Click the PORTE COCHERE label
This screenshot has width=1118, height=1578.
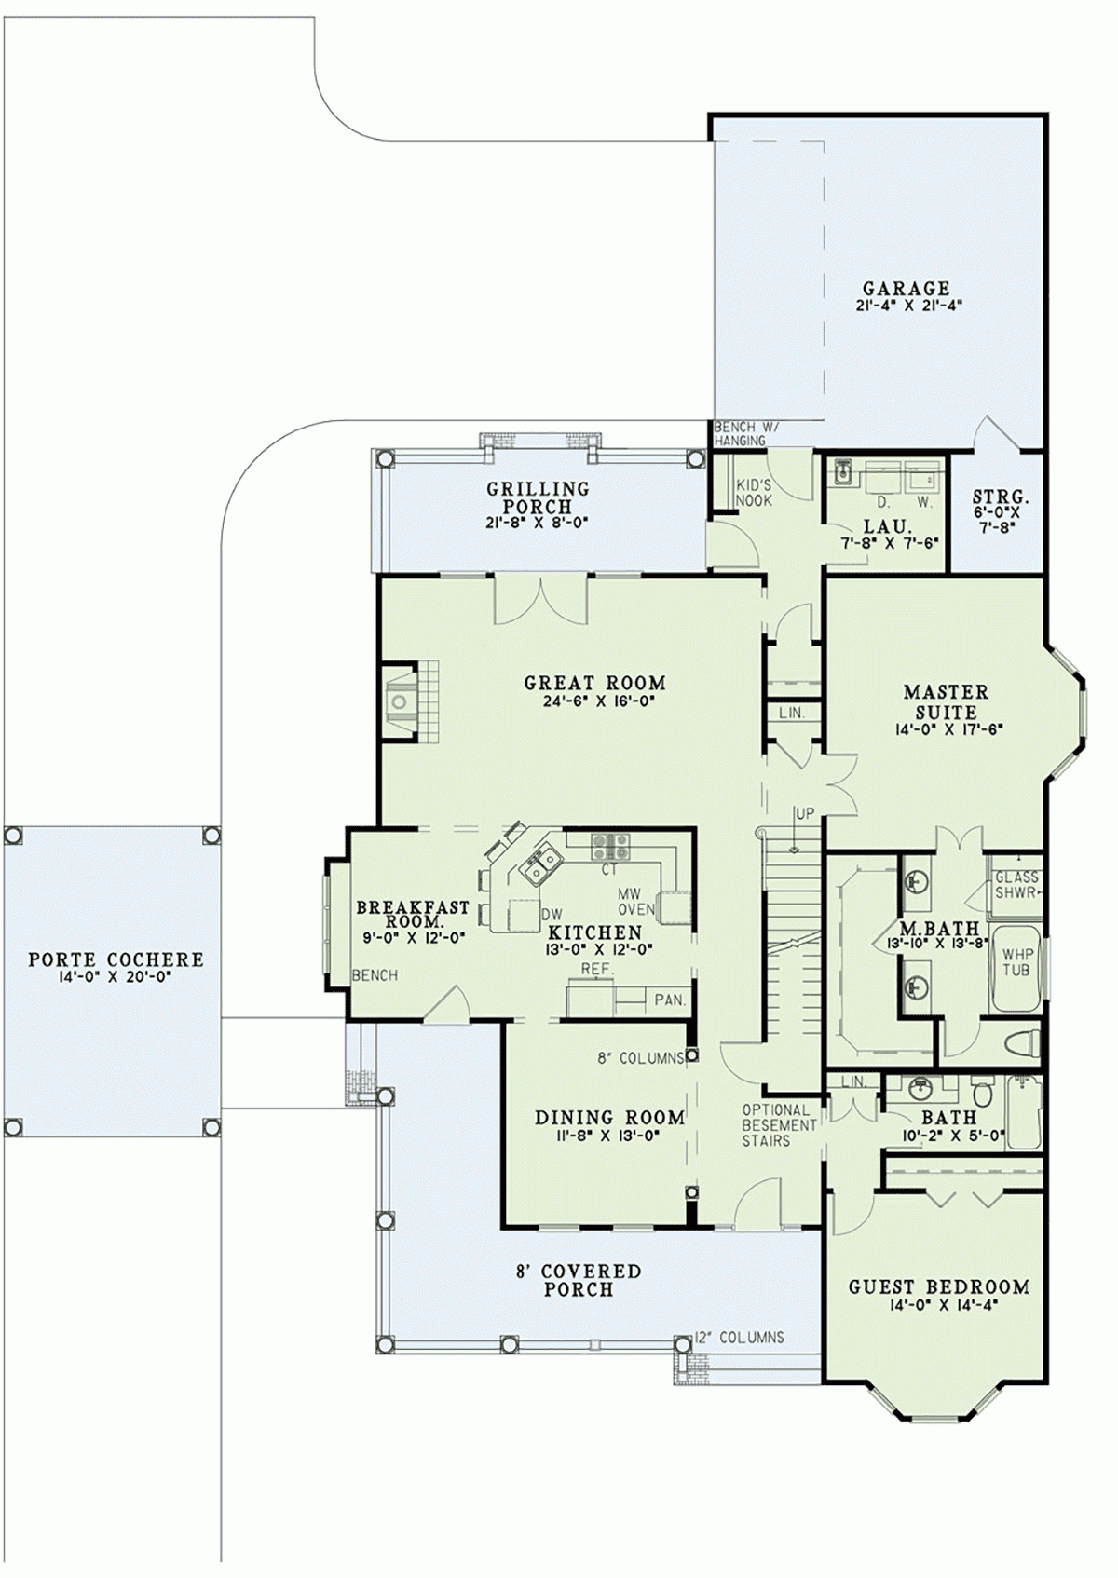(x=116, y=959)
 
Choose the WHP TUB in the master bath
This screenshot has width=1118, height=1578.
(x=1017, y=962)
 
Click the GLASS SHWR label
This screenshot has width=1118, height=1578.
(x=1016, y=884)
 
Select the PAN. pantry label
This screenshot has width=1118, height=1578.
(x=670, y=1000)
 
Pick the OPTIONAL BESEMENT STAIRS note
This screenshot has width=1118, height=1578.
(x=778, y=1124)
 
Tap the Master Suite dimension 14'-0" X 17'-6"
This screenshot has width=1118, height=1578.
(x=946, y=729)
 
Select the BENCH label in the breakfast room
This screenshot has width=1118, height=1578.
(x=375, y=975)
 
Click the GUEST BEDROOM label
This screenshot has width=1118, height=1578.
(x=938, y=1287)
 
